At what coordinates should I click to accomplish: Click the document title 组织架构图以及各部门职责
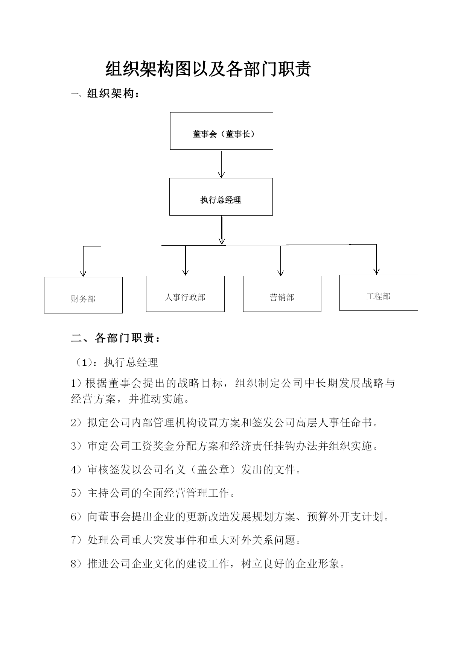click(208, 69)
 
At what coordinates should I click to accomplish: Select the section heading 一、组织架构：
click(105, 94)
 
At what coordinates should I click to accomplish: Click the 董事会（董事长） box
click(221, 131)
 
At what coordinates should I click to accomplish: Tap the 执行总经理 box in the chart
click(221, 197)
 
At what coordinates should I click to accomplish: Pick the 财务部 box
click(83, 295)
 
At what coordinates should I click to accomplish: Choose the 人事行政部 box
click(185, 294)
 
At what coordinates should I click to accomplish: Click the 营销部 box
click(282, 294)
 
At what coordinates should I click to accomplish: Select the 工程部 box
click(379, 293)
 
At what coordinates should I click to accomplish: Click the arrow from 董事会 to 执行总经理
click(221, 164)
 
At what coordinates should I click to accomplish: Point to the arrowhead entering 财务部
click(83, 273)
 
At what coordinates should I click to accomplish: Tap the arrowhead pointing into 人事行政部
click(185, 272)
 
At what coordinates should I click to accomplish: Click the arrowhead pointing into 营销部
click(280, 272)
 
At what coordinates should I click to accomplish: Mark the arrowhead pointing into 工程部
click(376, 271)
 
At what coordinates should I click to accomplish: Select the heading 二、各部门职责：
click(116, 338)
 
